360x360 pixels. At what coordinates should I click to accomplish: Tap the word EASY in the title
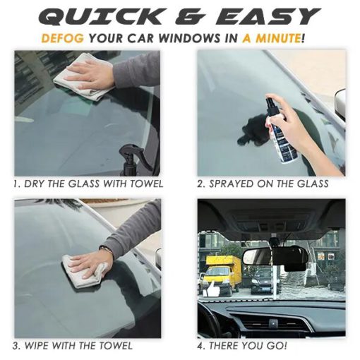point(268,17)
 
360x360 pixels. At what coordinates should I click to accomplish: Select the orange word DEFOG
point(63,38)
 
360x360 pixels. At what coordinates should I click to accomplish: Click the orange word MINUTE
point(278,38)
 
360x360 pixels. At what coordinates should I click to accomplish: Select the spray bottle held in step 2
point(281,129)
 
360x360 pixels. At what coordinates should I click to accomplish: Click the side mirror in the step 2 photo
point(340,104)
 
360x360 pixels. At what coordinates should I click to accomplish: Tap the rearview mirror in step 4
point(275,257)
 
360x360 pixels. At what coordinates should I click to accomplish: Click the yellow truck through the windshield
point(222,275)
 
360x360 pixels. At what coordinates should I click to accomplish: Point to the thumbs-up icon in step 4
point(211,288)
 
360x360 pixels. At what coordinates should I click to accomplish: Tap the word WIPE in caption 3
point(37,346)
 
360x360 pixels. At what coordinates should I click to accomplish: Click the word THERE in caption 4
point(224,346)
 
